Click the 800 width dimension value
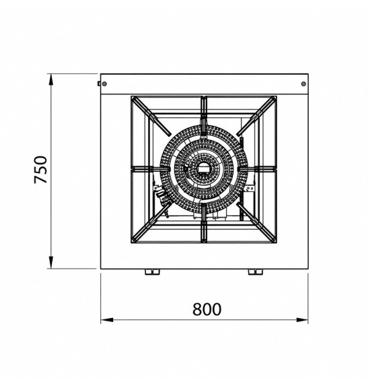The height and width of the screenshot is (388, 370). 207,309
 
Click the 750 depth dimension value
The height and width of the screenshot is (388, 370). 40,170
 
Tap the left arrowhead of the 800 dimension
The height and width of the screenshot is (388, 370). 107,320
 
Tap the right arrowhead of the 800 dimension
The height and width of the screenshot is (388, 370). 302,320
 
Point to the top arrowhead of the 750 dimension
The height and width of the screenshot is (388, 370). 50,79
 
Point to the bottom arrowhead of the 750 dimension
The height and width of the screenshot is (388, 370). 50,262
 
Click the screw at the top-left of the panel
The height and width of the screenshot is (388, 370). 104,84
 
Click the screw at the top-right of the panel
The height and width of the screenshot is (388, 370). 304,84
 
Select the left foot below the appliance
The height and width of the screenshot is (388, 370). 152,272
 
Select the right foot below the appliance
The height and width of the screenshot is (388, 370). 256,272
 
